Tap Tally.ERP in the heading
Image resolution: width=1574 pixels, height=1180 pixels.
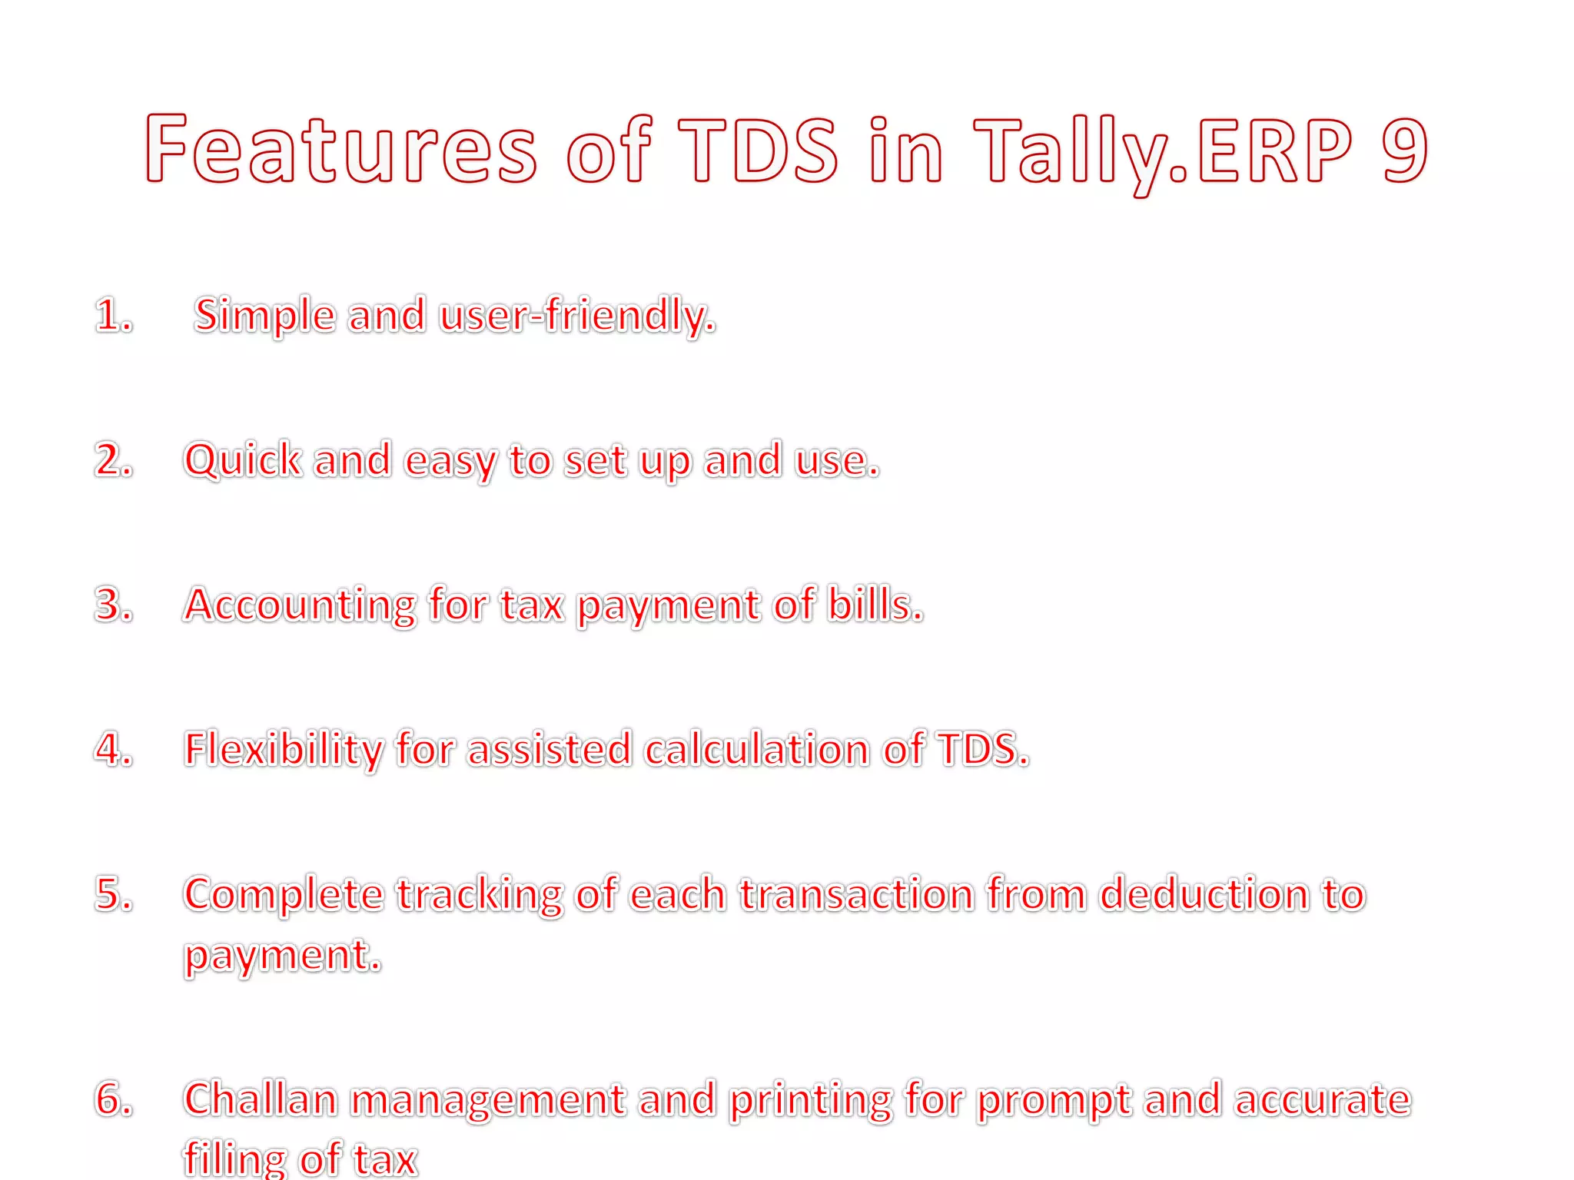(1163, 151)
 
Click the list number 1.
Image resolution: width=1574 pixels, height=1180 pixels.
(112, 316)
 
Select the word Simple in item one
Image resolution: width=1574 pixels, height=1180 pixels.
(265, 316)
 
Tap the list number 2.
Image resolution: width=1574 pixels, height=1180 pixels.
(113, 460)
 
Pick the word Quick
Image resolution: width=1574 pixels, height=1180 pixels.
(243, 460)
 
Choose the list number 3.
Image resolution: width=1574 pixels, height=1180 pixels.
(113, 605)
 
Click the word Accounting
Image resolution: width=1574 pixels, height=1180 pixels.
(300, 605)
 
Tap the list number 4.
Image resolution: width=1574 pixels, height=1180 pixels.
(113, 749)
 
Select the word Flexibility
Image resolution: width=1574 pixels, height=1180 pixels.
(283, 750)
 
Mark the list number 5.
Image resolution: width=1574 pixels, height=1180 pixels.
(113, 894)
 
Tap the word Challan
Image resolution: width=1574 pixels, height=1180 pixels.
(261, 1099)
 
